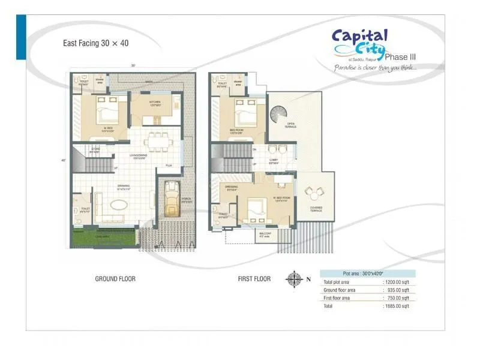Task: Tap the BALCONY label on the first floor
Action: pos(265,233)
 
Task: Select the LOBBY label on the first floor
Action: pos(273,160)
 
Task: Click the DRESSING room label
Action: pos(232,187)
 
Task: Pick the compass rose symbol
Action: pos(294,279)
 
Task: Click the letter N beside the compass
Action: pos(308,279)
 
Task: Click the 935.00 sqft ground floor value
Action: pos(397,290)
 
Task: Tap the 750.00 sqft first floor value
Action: pos(397,298)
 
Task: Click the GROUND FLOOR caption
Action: pos(115,279)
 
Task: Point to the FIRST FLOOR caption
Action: pos(254,279)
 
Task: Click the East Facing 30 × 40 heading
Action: pos(96,43)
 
